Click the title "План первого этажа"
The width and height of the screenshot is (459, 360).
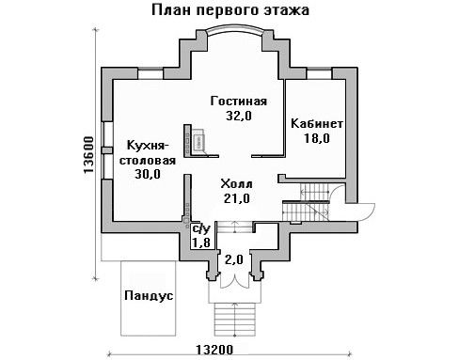[x=230, y=10]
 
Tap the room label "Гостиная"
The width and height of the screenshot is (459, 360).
[x=239, y=102]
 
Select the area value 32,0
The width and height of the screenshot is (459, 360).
[x=239, y=116]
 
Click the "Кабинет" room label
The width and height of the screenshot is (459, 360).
[x=317, y=123]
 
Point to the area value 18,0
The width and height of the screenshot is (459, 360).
[x=317, y=138]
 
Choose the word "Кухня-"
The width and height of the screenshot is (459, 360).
[x=148, y=146]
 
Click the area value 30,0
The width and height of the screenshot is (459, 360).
[x=148, y=174]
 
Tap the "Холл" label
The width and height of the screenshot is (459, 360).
[x=236, y=183]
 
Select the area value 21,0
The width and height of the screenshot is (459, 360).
[x=237, y=198]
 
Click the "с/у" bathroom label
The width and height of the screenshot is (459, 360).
[x=201, y=229]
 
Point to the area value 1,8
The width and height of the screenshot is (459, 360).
[x=201, y=243]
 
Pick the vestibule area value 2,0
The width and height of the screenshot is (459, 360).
[x=234, y=259]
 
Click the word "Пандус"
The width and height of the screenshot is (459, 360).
[x=149, y=295]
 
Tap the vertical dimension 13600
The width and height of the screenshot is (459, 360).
[x=88, y=155]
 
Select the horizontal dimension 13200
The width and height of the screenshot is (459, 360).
[x=214, y=350]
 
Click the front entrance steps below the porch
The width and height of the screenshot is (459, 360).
[x=235, y=319]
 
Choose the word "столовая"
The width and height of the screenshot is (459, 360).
[x=148, y=161]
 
